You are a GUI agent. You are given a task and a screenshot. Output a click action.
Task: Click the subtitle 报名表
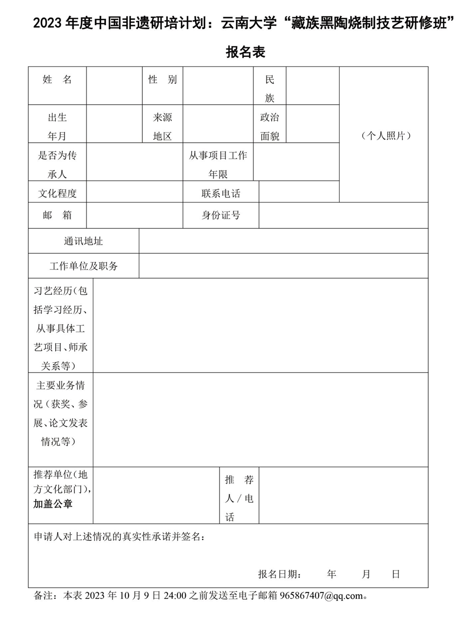click(245, 52)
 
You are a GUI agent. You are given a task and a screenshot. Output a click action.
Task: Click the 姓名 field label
click(57, 80)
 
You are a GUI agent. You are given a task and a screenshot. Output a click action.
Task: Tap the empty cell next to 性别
click(218, 86)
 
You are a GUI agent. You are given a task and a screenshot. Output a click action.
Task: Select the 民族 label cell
click(270, 89)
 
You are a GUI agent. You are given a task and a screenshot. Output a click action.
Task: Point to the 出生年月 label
click(57, 127)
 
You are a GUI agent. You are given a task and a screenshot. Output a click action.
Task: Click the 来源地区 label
click(163, 127)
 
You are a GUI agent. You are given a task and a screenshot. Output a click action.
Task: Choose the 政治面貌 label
click(270, 127)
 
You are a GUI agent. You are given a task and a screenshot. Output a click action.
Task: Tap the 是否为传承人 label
click(57, 165)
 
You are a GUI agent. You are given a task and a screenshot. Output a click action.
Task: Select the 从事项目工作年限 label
click(218, 165)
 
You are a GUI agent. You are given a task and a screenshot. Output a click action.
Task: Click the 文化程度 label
click(57, 193)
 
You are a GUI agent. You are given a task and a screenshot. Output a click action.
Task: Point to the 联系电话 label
click(221, 193)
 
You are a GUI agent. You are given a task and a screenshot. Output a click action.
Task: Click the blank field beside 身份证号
click(343, 216)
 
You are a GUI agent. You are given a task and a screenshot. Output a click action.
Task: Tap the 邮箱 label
click(57, 216)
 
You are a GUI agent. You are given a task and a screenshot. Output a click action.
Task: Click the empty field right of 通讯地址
click(283, 241)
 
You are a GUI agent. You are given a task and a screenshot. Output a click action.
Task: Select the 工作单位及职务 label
click(84, 266)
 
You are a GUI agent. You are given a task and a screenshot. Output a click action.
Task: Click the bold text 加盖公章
click(53, 504)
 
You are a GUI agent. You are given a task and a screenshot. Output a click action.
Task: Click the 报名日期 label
click(280, 575)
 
